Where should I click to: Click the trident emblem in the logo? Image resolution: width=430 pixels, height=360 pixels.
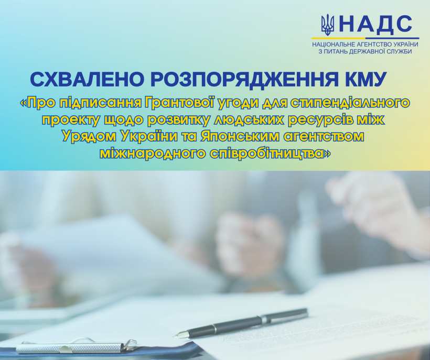tap(328, 25)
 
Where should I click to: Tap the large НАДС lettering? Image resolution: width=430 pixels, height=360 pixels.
tap(375, 24)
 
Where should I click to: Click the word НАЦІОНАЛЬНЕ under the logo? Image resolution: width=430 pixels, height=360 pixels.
tap(334, 45)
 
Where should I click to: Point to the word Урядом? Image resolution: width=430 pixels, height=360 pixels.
tap(89, 137)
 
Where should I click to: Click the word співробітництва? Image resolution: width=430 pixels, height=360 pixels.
tap(271, 154)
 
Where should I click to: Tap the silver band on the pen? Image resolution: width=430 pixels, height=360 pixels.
tap(264, 320)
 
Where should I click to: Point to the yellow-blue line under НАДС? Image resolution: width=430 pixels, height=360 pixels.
tap(365, 38)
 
